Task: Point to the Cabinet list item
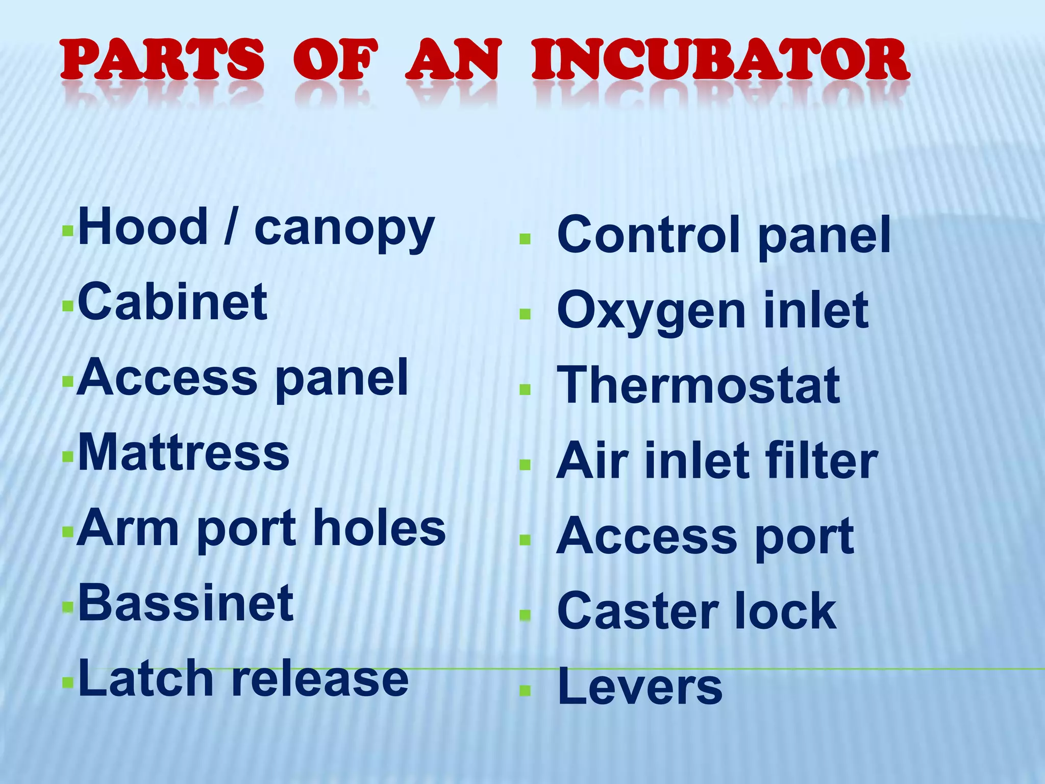coord(172,302)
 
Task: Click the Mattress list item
coord(184,453)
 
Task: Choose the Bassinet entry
coord(186,603)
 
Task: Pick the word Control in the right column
coord(648,234)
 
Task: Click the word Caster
coord(638,611)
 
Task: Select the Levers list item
coord(640,687)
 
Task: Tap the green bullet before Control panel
coord(525,239)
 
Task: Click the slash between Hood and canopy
coord(231,227)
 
